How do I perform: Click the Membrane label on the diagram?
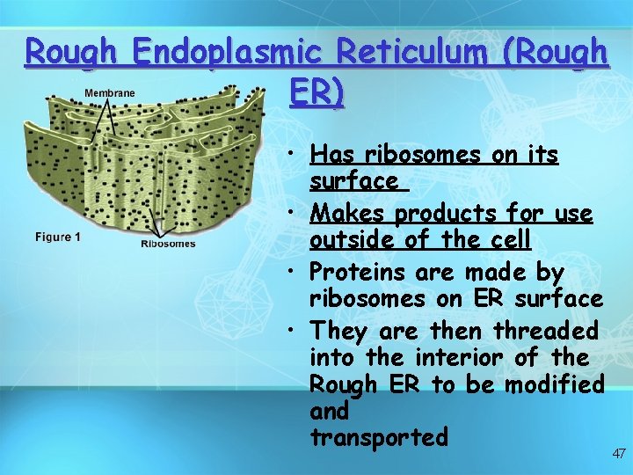click(110, 93)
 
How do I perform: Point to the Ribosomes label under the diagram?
click(168, 244)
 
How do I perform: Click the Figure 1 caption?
click(58, 237)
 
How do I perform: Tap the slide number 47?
click(619, 454)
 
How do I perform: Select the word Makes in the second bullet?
click(349, 214)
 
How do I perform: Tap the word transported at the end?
click(379, 437)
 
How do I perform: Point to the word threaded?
click(545, 332)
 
